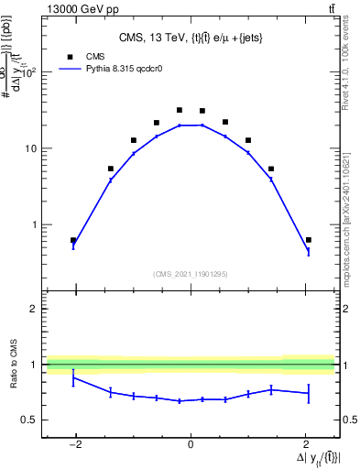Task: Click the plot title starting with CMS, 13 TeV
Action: pyautogui.click(x=191, y=38)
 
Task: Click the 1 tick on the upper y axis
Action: pyautogui.click(x=37, y=224)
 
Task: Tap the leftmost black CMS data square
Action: pyautogui.click(x=73, y=240)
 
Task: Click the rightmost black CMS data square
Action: pyautogui.click(x=309, y=240)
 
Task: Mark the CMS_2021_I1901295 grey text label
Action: pyautogui.click(x=191, y=274)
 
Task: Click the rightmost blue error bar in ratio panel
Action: pyautogui.click(x=309, y=393)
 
